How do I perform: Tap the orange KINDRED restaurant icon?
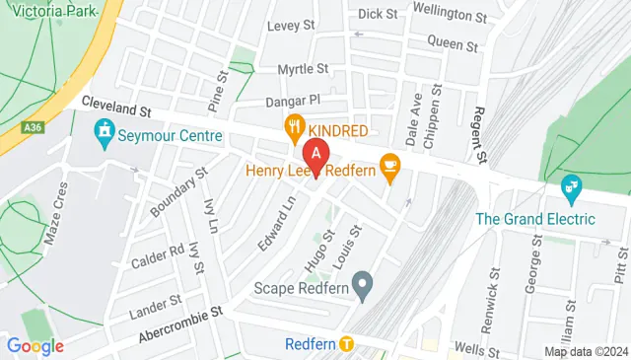point(294,127)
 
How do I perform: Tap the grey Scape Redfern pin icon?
point(363,287)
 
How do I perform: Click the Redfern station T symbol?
point(346,344)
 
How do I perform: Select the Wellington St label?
point(450,17)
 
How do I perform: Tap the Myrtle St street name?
point(302,69)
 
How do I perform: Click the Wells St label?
point(474,349)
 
